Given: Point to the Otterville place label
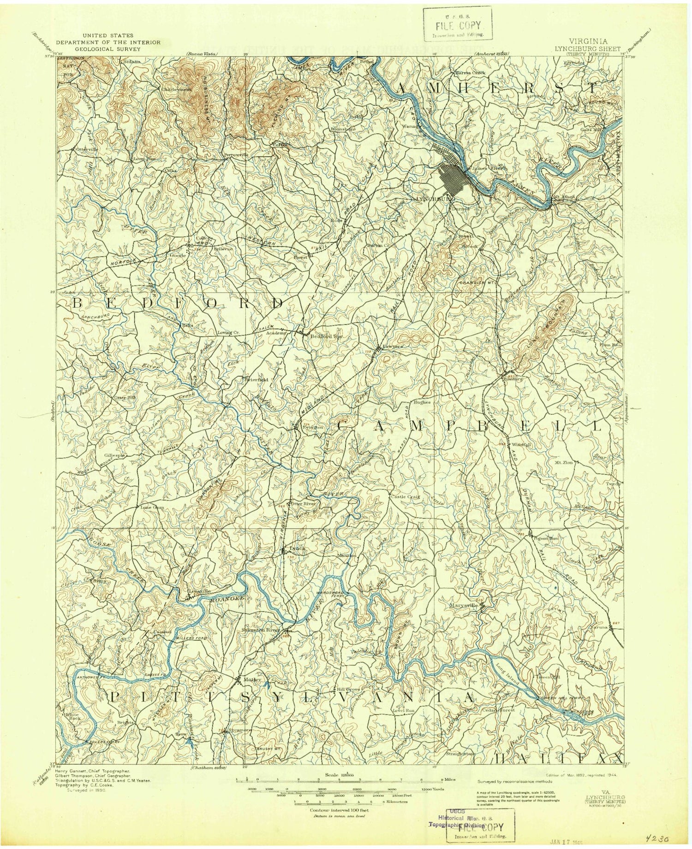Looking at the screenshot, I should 85,149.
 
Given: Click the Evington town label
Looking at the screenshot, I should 312,427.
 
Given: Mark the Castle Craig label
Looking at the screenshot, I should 405,497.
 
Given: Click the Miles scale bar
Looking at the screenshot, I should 340,780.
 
